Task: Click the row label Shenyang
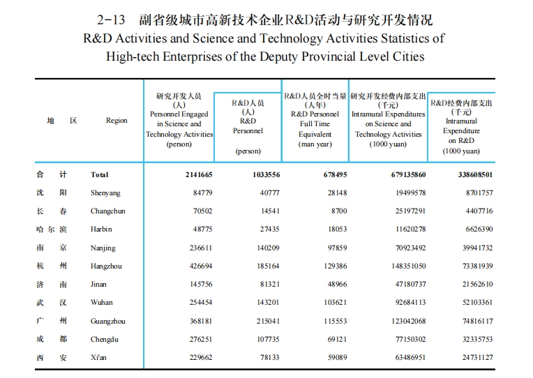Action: pyautogui.click(x=105, y=192)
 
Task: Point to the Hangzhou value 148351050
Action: pyautogui.click(x=400, y=266)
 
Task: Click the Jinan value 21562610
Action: pyautogui.click(x=474, y=284)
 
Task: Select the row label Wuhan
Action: pyautogui.click(x=102, y=302)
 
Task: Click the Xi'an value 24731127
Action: pyautogui.click(x=474, y=356)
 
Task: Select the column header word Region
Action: pyautogui.click(x=117, y=121)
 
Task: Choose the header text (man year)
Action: pyautogui.click(x=315, y=144)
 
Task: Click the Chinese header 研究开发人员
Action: pyautogui.click(x=179, y=96)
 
